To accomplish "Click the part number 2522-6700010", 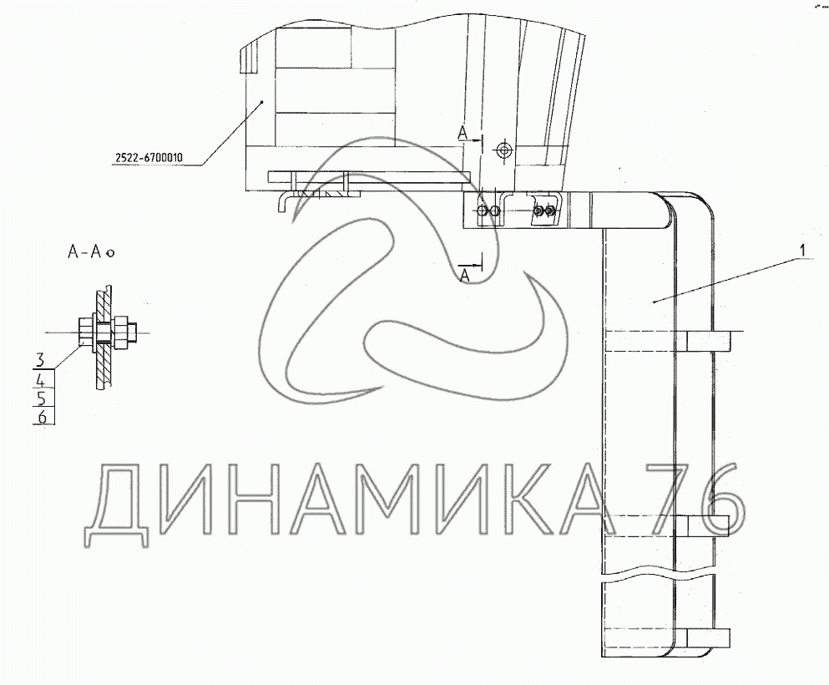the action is coord(149,157).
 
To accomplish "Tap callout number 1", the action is coord(802,250).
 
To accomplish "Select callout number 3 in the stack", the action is coord(40,360).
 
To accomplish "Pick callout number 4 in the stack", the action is coord(41,379).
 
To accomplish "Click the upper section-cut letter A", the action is coord(463,134).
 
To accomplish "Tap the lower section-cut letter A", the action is coord(465,275).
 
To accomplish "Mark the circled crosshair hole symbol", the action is coord(504,150).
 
